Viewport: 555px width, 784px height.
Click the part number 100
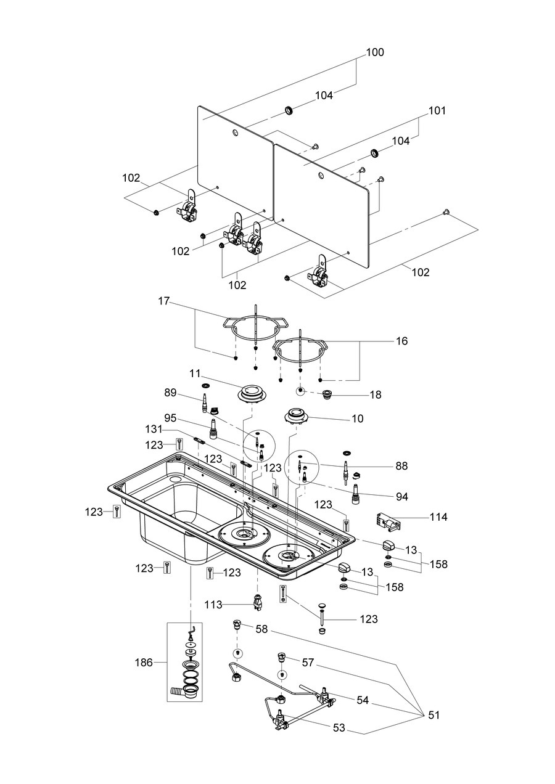pyautogui.click(x=375, y=52)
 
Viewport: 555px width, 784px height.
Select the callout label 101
pyautogui.click(x=437, y=111)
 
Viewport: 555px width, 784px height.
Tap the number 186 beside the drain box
pyautogui.click(x=144, y=663)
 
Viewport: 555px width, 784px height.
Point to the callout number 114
pyautogui.click(x=438, y=517)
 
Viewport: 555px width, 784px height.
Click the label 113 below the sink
pyautogui.click(x=213, y=605)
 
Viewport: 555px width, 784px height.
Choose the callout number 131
pyautogui.click(x=154, y=429)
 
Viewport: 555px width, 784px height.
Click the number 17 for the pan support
pyautogui.click(x=163, y=301)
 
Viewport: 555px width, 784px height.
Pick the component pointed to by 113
pyautogui.click(x=258, y=602)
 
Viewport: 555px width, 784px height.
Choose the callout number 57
pyautogui.click(x=308, y=662)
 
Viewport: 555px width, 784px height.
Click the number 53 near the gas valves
pyautogui.click(x=339, y=727)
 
